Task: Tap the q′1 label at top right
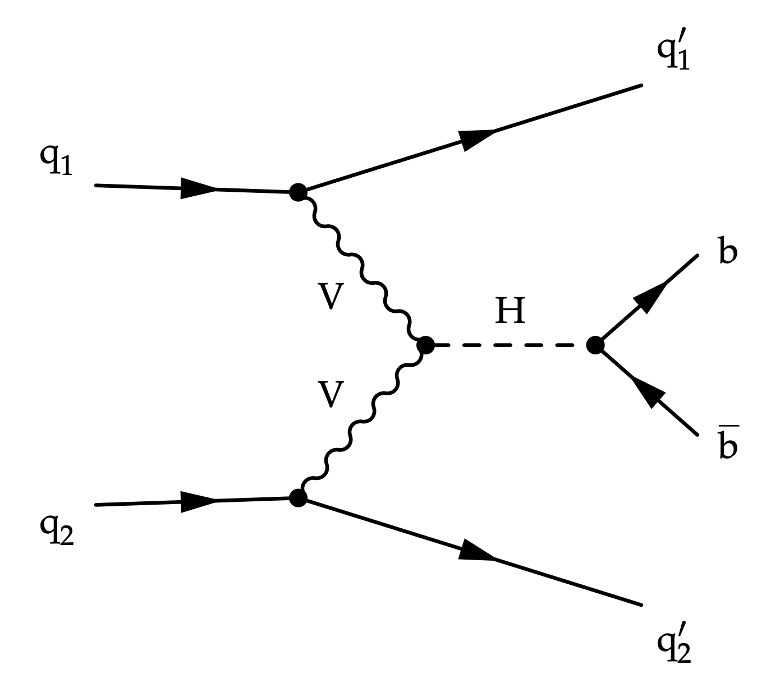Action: click(673, 53)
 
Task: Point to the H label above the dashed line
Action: click(510, 311)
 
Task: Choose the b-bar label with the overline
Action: click(727, 445)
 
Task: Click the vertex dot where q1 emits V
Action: click(298, 192)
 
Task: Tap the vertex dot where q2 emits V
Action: click(298, 497)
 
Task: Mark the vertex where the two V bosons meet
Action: click(425, 345)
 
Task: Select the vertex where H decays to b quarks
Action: click(595, 345)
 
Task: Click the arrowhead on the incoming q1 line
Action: click(198, 188)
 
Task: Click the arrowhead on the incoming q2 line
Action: click(198, 501)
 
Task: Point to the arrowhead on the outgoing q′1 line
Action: click(477, 139)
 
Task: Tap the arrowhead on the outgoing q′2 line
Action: click(477, 552)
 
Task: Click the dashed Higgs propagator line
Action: click(510, 345)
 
